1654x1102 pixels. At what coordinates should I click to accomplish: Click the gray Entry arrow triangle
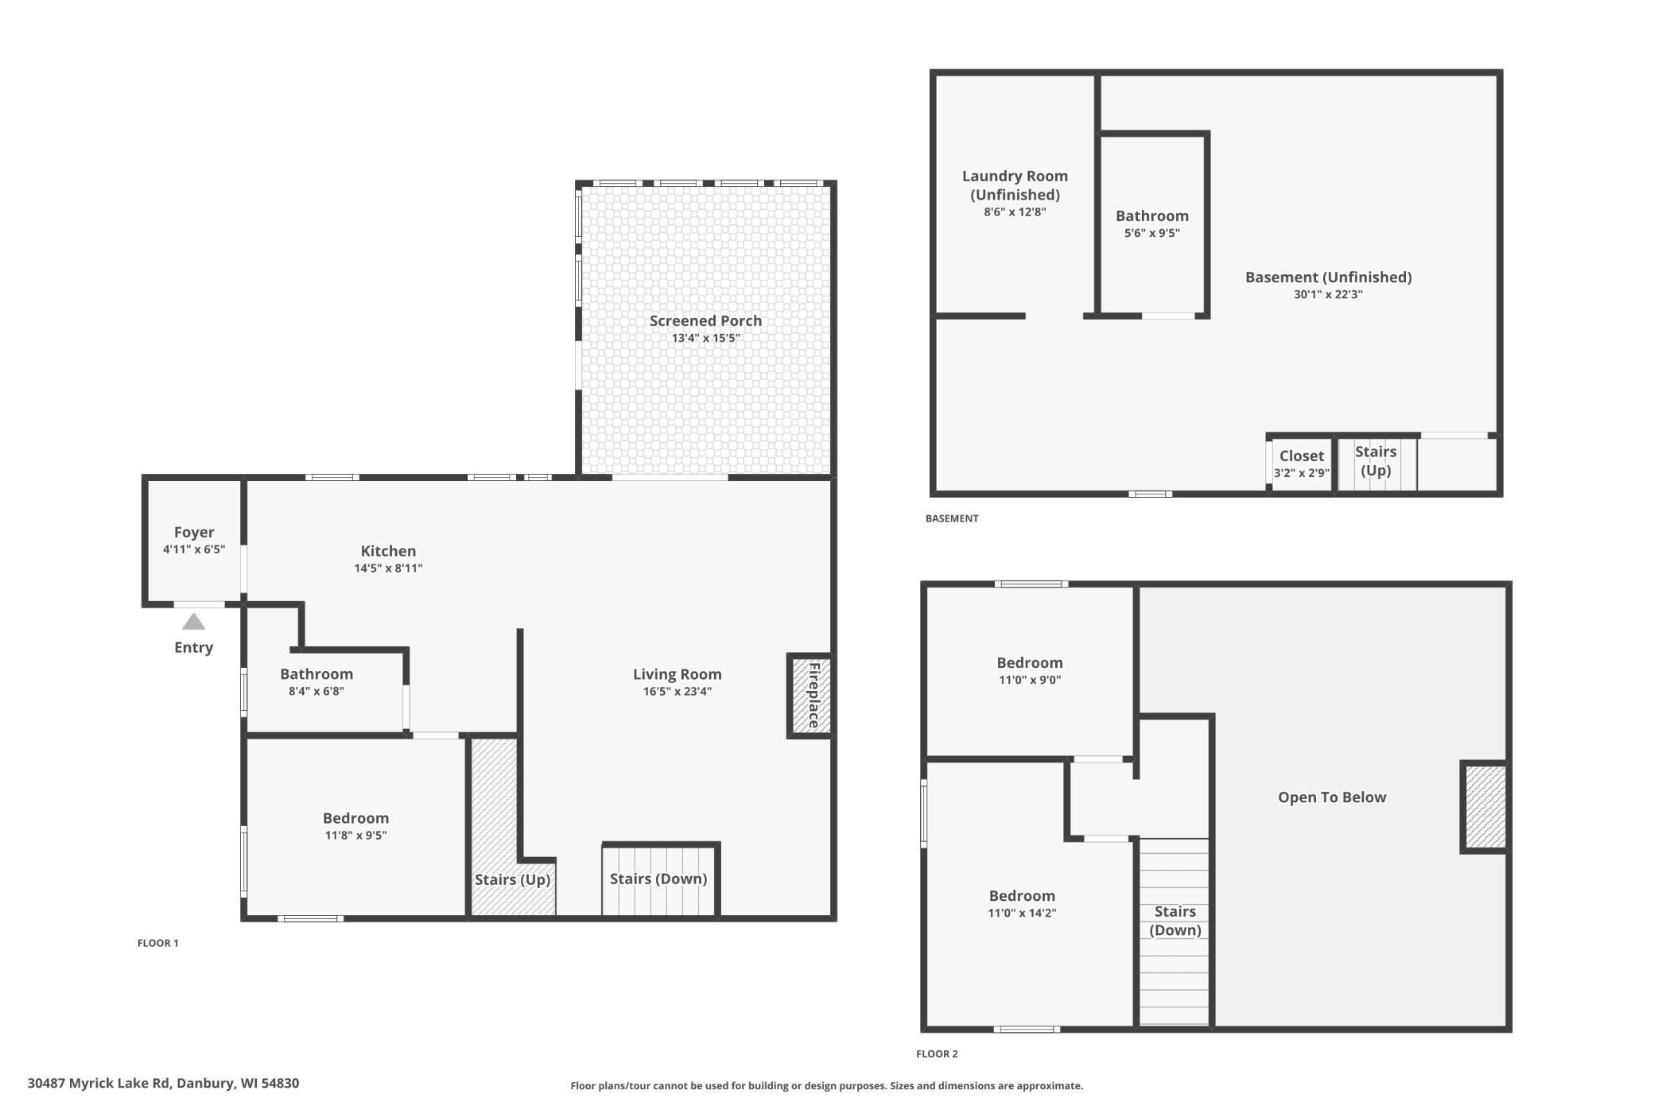193,622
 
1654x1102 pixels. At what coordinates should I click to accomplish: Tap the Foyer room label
194,533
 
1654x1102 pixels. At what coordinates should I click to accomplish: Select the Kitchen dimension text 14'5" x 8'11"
388,568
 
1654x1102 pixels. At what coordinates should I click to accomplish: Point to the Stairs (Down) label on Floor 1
658,879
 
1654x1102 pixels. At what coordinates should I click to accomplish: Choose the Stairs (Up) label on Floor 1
512,879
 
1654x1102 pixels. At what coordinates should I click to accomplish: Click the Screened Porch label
705,320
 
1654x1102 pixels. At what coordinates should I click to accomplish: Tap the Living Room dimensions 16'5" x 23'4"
677,692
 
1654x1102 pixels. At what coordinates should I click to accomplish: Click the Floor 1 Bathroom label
316,674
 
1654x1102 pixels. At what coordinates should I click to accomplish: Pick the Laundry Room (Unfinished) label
1015,185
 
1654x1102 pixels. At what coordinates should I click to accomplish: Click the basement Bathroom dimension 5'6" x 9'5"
1151,234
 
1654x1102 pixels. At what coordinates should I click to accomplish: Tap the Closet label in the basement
1301,456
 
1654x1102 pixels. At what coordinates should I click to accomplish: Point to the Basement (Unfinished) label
1328,277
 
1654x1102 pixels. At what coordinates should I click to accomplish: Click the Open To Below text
1331,797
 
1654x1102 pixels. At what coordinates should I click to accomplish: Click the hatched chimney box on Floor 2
1485,807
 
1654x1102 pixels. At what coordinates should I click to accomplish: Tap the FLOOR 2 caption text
937,1054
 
